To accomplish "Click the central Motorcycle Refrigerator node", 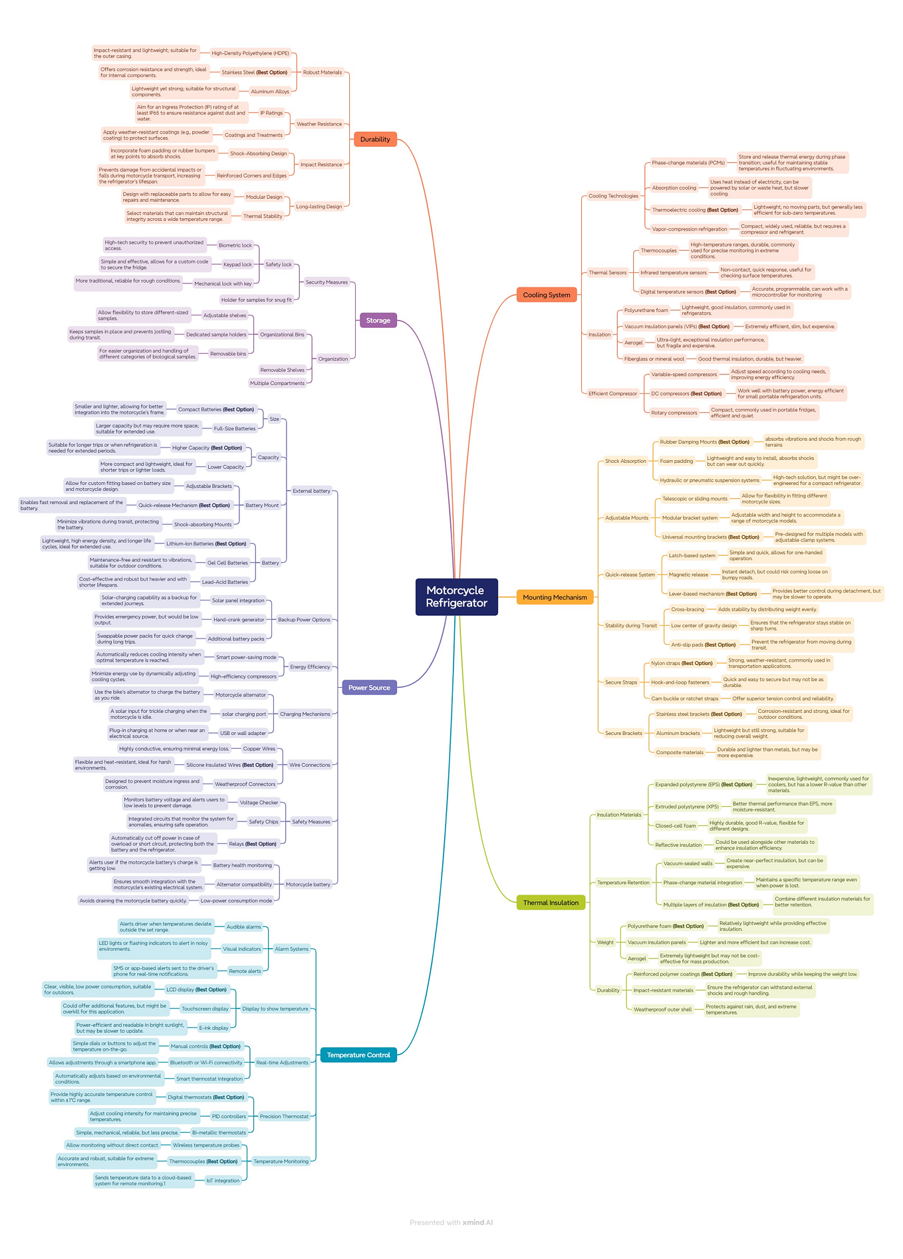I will [x=456, y=597].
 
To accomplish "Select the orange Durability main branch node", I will [x=375, y=139].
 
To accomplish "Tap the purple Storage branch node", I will [x=378, y=321].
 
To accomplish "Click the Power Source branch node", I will [x=369, y=688].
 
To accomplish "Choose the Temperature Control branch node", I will [x=358, y=1055].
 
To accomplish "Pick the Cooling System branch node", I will [x=546, y=295].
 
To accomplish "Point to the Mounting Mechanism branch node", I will [x=555, y=597].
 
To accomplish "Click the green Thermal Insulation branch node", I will [x=551, y=903].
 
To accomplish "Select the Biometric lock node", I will [x=235, y=245].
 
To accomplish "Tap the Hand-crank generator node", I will [x=239, y=620].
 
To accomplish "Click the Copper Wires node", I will [x=259, y=749].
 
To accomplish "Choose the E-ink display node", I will [x=213, y=1028].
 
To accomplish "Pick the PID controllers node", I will [x=229, y=1116].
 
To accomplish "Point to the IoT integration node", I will [x=223, y=1181].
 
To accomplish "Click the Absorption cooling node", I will [x=674, y=188].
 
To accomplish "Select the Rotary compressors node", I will [x=674, y=412].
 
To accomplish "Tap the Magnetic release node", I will [x=688, y=575].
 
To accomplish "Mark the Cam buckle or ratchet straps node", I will [x=684, y=698].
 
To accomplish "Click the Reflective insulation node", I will [x=678, y=845].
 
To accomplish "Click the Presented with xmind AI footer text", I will [x=451, y=1222].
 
